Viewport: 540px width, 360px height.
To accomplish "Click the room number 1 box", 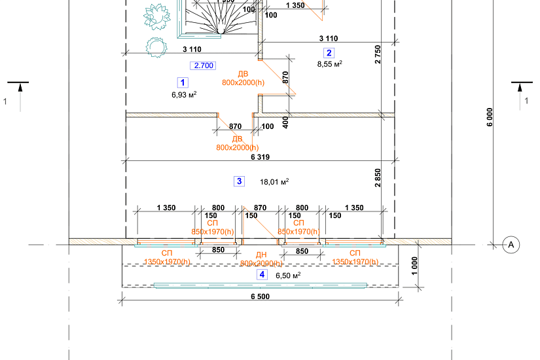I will coord(183,82).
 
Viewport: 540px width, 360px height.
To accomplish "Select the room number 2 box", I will coord(329,53).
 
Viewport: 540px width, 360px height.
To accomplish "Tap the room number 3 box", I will coord(240,181).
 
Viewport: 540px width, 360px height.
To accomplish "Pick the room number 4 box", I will coord(262,275).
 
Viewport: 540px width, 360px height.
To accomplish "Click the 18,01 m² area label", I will coord(275,181).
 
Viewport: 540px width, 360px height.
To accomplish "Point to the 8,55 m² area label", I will coord(330,64).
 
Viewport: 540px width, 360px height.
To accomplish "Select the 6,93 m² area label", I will coord(185,94).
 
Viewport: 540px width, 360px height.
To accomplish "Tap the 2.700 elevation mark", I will coord(202,65).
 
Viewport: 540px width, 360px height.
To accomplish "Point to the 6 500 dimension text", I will coord(260,297).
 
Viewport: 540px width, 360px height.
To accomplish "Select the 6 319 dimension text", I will coord(261,157).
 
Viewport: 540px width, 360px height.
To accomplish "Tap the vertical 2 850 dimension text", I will coord(378,178).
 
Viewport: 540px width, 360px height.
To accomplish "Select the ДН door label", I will coord(261,255).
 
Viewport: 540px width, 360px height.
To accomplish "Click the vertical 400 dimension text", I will coord(285,122).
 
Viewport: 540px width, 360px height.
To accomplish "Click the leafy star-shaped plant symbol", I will coord(156,16).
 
